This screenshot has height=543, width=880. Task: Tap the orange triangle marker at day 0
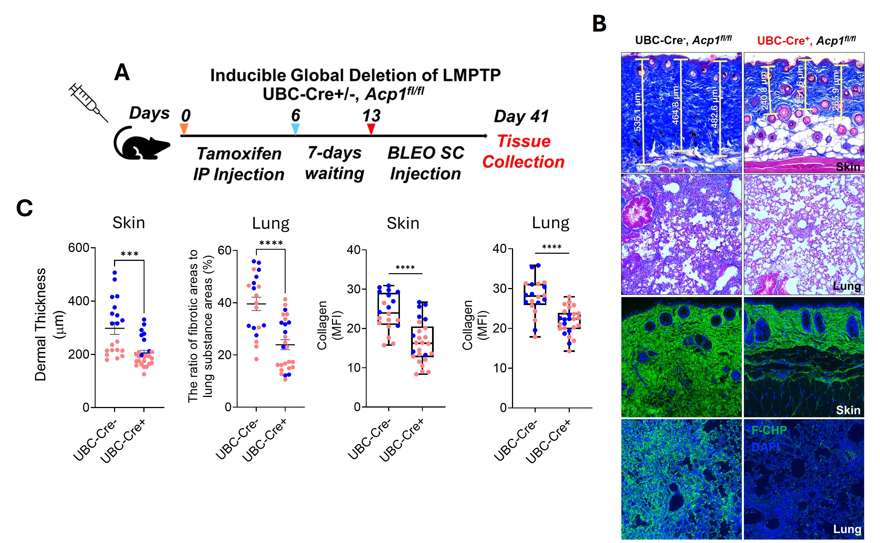[184, 128]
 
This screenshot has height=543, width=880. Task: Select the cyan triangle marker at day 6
[295, 128]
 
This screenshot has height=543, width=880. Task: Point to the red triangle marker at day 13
[371, 128]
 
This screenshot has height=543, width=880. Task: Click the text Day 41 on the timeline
[521, 116]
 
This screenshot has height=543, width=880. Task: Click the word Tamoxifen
[239, 154]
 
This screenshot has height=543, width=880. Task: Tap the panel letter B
[599, 24]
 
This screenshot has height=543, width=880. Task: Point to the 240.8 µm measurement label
[764, 90]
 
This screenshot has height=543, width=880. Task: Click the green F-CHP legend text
[769, 430]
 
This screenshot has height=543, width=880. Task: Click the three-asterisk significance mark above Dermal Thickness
[129, 254]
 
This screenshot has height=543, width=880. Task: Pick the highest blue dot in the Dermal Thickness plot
[115, 273]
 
